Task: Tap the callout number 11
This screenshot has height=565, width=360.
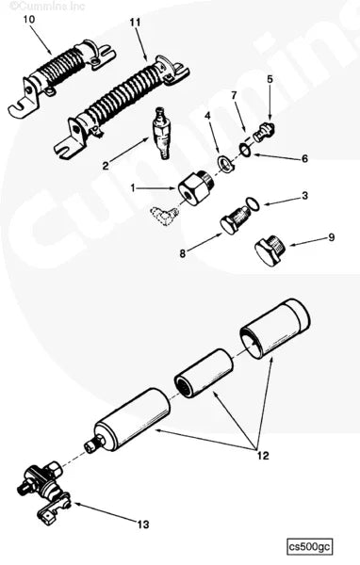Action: (x=134, y=21)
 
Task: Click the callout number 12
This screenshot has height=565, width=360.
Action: (x=262, y=456)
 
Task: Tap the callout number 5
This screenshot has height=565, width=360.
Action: (x=270, y=80)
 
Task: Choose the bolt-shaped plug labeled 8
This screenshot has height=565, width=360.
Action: (x=233, y=224)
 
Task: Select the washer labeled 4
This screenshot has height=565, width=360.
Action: (x=225, y=161)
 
